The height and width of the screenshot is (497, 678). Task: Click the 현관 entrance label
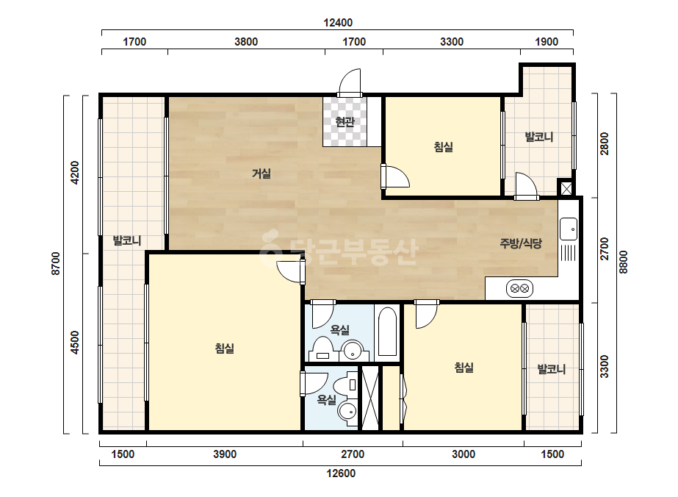pyautogui.click(x=345, y=122)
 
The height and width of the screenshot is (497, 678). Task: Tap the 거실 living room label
pyautogui.click(x=262, y=174)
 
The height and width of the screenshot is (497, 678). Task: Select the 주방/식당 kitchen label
pyautogui.click(x=521, y=243)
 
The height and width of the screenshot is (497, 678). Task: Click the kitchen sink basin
pyautogui.click(x=568, y=229)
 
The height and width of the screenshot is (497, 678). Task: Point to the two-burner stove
pyautogui.click(x=519, y=288)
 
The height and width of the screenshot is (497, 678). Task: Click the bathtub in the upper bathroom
pyautogui.click(x=387, y=331)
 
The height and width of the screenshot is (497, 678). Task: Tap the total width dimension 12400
pyautogui.click(x=338, y=23)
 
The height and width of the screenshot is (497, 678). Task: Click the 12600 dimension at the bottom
pyautogui.click(x=341, y=473)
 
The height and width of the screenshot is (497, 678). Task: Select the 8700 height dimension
pyautogui.click(x=56, y=263)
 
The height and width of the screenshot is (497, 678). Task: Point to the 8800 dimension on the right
pyautogui.click(x=623, y=262)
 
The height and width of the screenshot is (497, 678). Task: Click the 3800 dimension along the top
pyautogui.click(x=246, y=42)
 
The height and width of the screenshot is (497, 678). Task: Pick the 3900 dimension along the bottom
pyautogui.click(x=225, y=454)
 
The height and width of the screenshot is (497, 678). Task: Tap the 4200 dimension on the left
pyautogui.click(x=75, y=172)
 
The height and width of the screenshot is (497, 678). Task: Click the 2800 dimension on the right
pyautogui.click(x=604, y=143)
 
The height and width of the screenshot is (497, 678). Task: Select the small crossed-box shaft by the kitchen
pyautogui.click(x=566, y=188)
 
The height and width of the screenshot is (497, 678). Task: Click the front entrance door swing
pyautogui.click(x=350, y=82)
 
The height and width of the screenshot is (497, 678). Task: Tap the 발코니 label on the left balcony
pyautogui.click(x=126, y=240)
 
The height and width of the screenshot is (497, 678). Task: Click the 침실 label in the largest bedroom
pyautogui.click(x=225, y=348)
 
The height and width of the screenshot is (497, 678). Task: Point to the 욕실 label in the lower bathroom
pyautogui.click(x=326, y=400)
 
